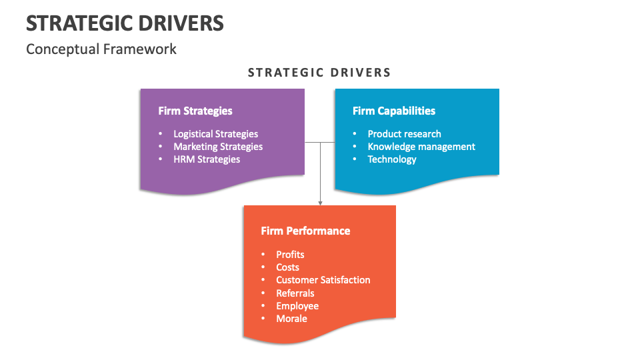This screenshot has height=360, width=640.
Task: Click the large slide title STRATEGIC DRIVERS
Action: click(125, 23)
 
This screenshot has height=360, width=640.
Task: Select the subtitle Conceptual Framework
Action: click(101, 49)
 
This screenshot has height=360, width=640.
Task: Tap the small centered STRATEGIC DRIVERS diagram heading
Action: click(319, 73)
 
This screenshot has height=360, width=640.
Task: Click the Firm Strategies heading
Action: click(195, 111)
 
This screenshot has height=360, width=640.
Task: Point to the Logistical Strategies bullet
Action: click(215, 134)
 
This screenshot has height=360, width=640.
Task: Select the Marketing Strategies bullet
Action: click(218, 147)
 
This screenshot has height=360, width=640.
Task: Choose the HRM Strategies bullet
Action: click(207, 159)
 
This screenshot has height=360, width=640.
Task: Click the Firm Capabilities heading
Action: click(394, 111)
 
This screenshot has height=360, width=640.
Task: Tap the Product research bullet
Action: click(404, 134)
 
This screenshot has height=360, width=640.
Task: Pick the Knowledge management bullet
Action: click(421, 147)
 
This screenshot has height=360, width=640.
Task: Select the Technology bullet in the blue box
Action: click(392, 159)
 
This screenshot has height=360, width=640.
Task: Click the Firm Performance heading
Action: click(305, 231)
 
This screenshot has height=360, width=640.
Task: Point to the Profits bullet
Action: click(290, 255)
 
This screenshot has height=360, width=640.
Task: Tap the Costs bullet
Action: click(287, 267)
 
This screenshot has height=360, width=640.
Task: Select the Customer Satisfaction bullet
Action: click(323, 280)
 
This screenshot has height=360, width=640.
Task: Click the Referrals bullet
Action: click(295, 293)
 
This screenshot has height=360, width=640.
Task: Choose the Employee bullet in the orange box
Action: click(297, 306)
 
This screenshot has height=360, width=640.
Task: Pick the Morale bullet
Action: click(291, 319)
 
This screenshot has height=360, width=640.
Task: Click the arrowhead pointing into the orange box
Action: click(320, 202)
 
